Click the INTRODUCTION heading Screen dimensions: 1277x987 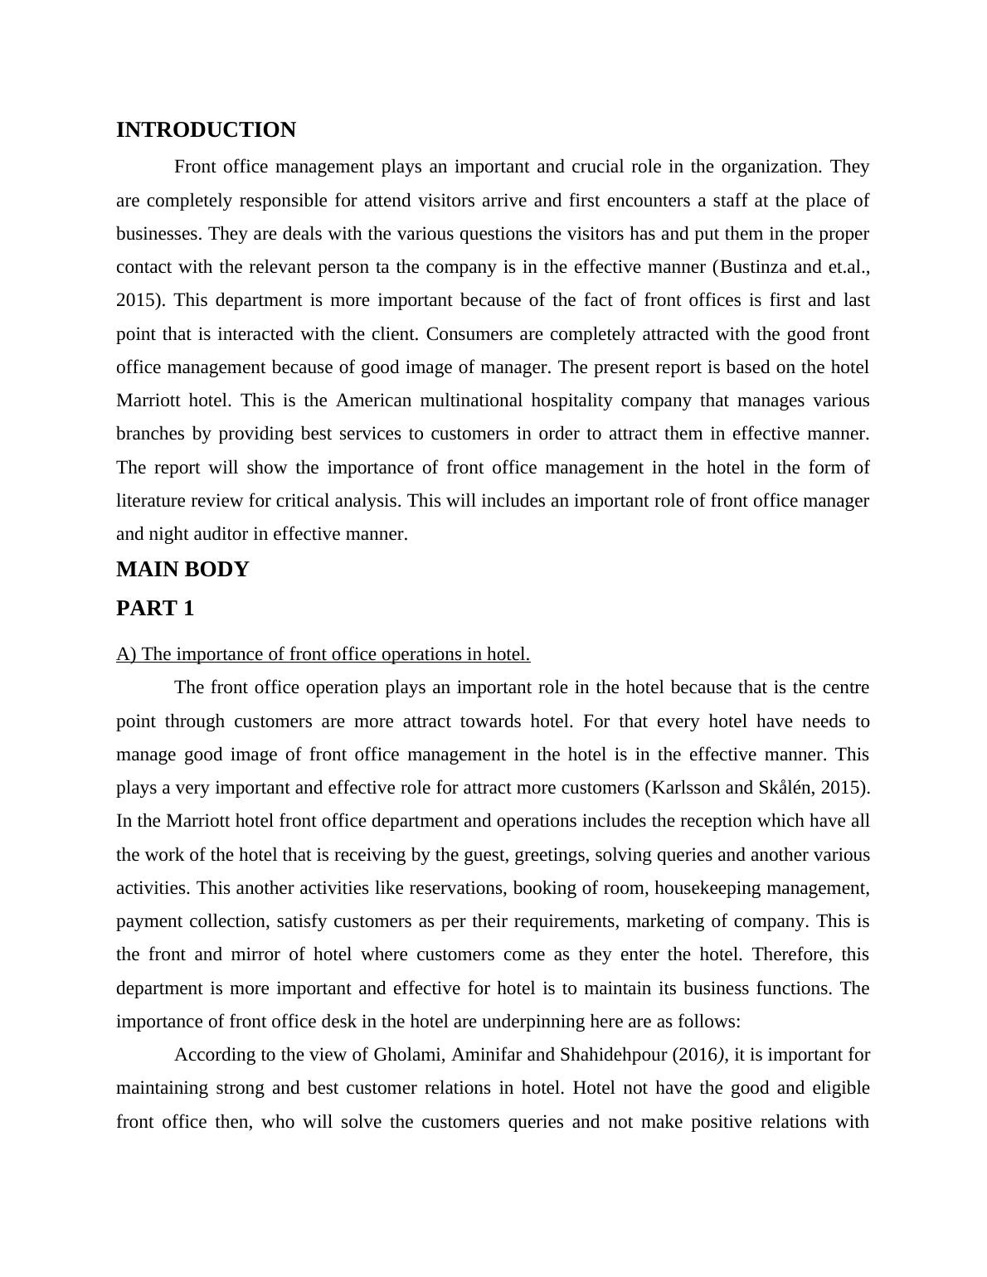tap(206, 130)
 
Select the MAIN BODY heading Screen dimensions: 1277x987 tap(182, 570)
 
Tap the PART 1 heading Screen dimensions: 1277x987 tap(155, 609)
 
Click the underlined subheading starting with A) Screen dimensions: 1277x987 tap(323, 654)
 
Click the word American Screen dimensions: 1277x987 tap(373, 401)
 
